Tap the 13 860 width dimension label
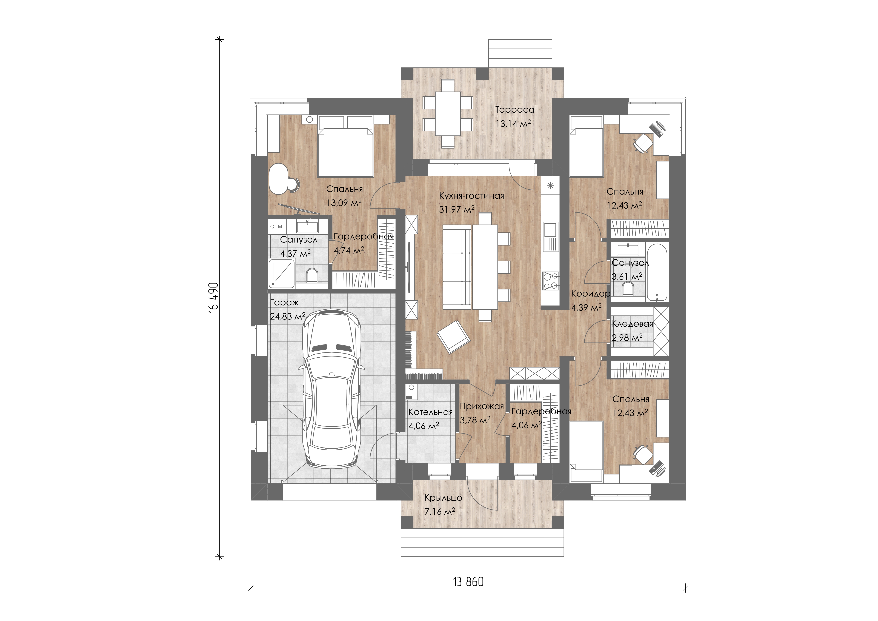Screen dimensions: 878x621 (x=468, y=582)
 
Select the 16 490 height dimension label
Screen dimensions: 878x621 (x=213, y=298)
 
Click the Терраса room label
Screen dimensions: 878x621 (x=515, y=110)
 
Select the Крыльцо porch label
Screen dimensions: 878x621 (x=443, y=498)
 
